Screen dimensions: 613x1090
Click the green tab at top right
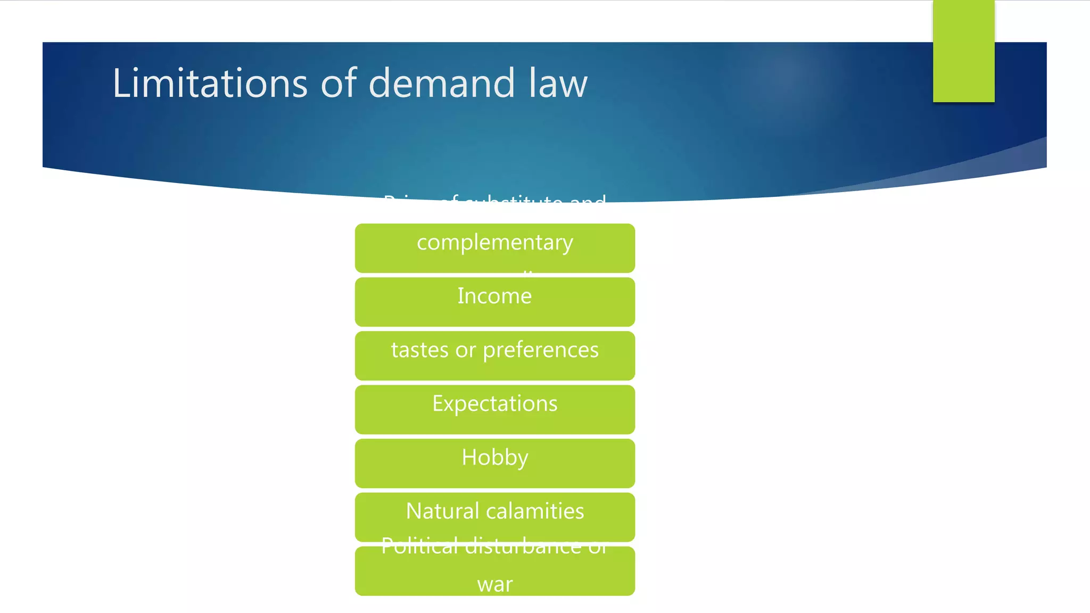963,51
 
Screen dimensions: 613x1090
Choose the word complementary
494,243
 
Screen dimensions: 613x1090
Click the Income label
494,296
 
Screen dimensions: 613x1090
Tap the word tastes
419,350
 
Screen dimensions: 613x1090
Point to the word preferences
540,350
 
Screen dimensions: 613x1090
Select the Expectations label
494,403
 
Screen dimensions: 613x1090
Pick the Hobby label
494,458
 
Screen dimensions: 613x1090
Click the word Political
419,546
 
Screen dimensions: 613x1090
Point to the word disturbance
523,546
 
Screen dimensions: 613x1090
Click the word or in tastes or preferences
465,350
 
